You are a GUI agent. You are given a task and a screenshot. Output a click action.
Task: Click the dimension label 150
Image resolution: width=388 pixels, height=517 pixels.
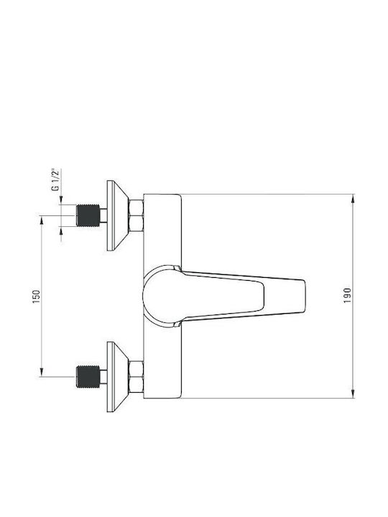pyautogui.click(x=37, y=297)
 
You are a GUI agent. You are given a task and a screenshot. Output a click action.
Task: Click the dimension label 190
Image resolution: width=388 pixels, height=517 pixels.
pyautogui.click(x=348, y=296)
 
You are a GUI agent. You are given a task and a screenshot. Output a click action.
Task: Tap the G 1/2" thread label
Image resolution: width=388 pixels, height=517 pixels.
pyautogui.click(x=55, y=180)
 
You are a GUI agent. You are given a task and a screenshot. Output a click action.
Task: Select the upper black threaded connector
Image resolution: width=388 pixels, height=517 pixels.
pyautogui.click(x=88, y=215)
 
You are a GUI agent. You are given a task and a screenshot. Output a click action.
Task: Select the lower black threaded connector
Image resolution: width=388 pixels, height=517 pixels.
pyautogui.click(x=88, y=376)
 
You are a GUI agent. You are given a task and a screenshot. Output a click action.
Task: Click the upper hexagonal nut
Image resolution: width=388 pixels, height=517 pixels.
pyautogui.click(x=137, y=215)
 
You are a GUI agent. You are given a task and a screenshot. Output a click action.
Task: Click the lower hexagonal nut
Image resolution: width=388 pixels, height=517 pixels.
pyautogui.click(x=137, y=377)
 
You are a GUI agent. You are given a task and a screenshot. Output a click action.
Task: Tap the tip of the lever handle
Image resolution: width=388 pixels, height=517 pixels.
pyautogui.click(x=304, y=296)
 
